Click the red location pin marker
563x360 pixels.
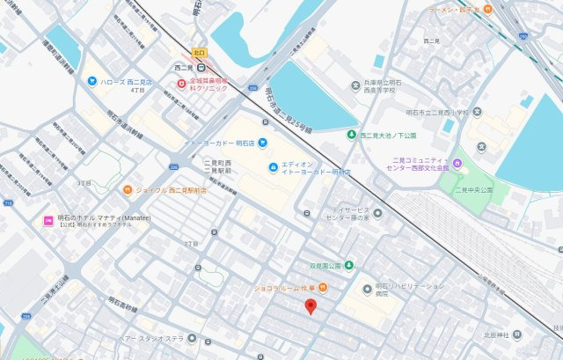(x=310, y=306)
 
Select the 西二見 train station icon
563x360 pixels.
(x=201, y=66)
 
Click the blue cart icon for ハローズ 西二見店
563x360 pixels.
(x=91, y=81)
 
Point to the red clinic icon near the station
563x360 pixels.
(x=182, y=84)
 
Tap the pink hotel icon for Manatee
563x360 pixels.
(x=48, y=220)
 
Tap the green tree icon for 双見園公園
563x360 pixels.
(x=349, y=265)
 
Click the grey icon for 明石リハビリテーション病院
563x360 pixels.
(x=367, y=290)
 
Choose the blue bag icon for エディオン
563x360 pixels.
(x=274, y=166)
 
